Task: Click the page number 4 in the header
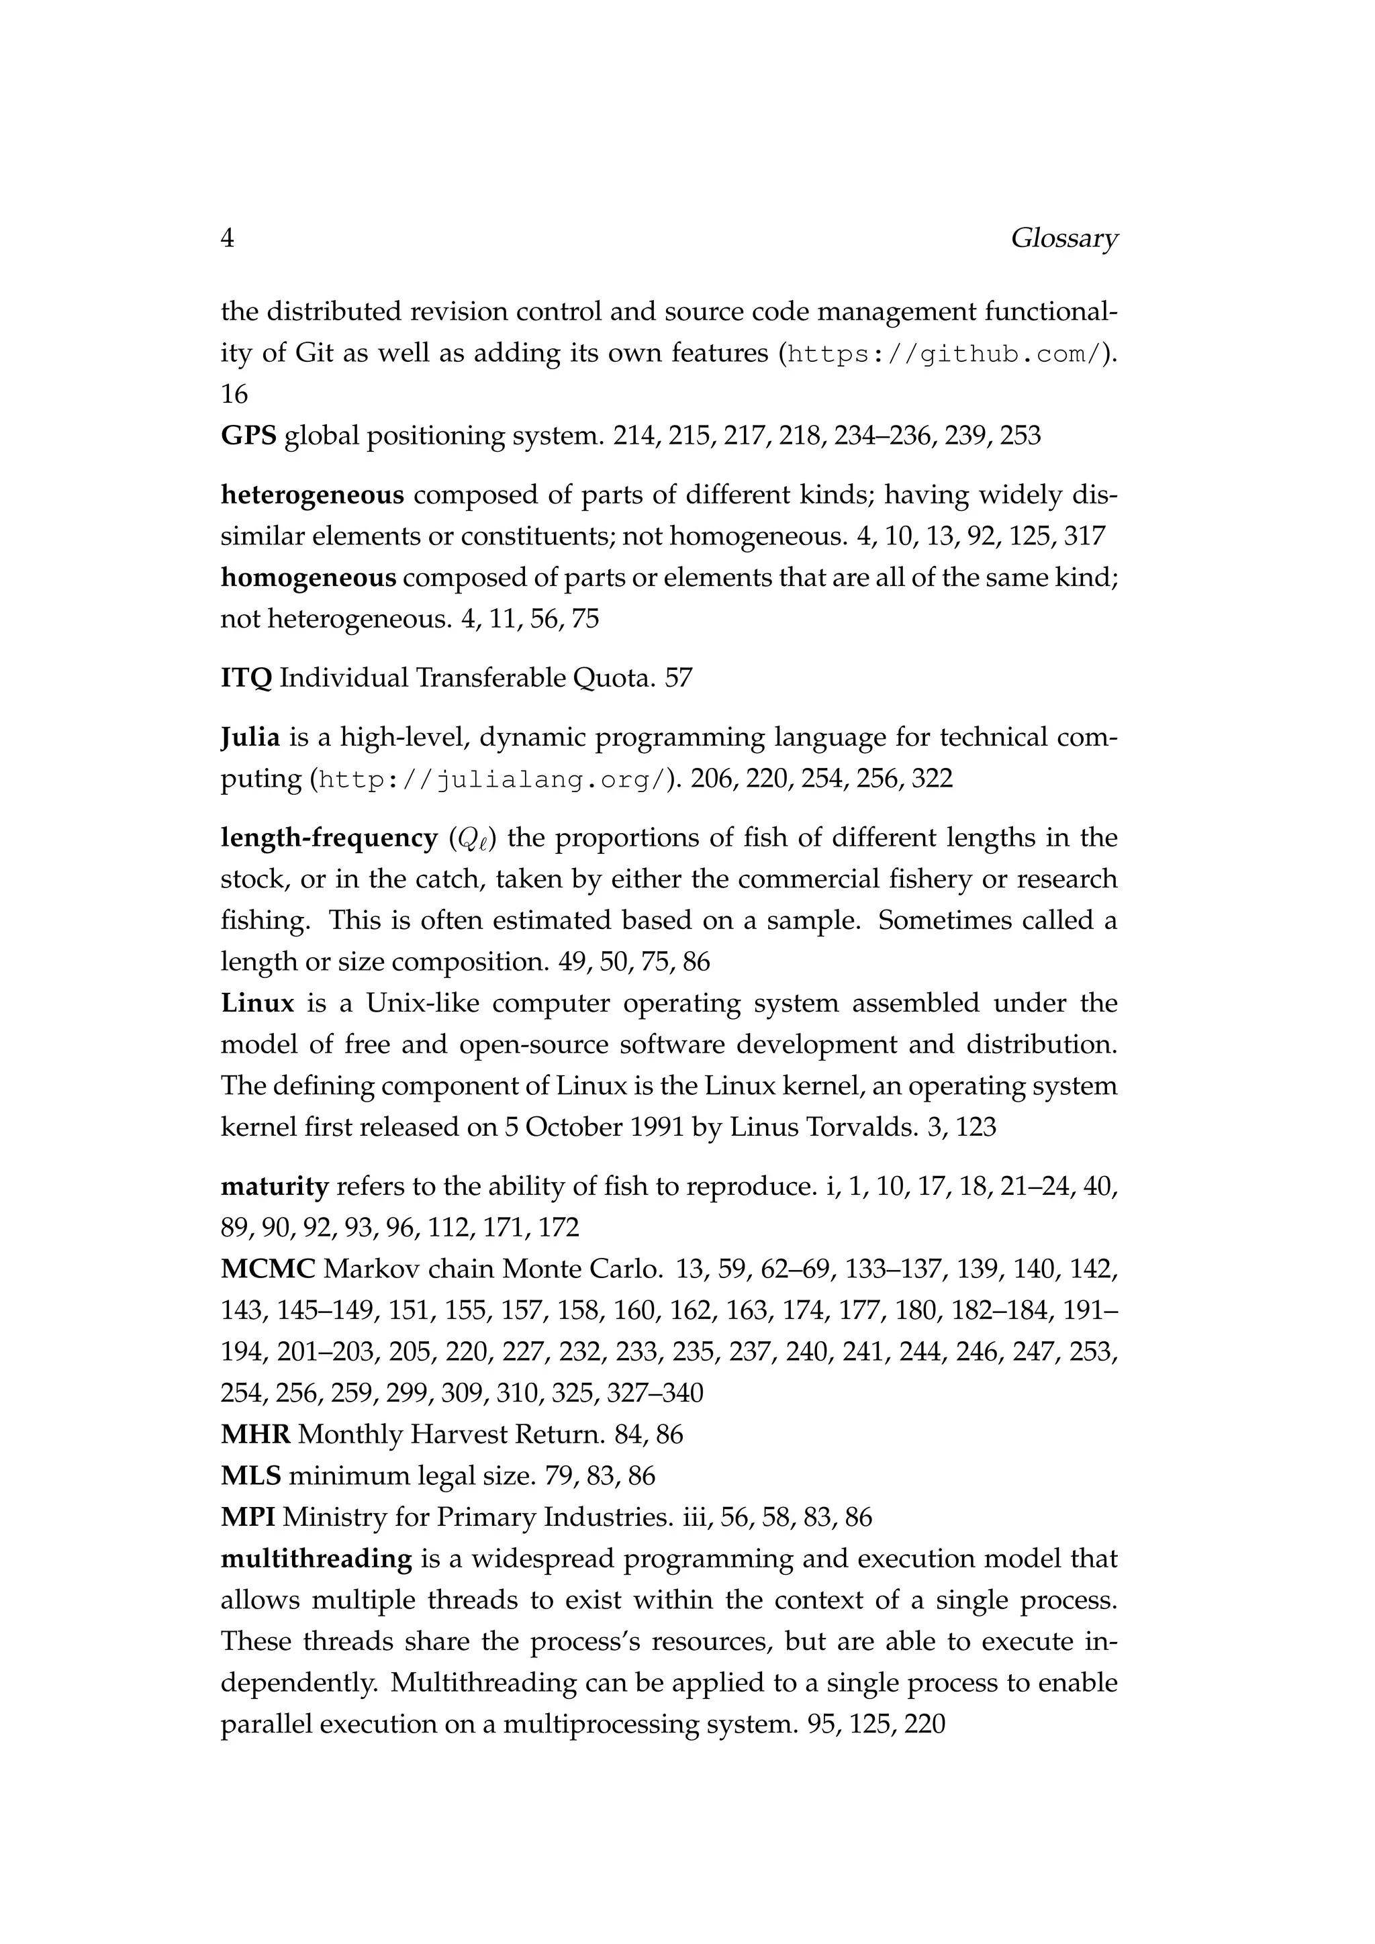(x=227, y=239)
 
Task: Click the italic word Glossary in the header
(x=1063, y=240)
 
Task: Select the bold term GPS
(x=248, y=436)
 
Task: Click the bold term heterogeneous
(x=312, y=495)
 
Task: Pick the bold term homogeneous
(x=308, y=578)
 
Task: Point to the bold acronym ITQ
(x=246, y=678)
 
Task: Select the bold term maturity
(x=275, y=1187)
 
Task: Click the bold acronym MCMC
(x=268, y=1270)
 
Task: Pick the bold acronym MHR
(x=256, y=1435)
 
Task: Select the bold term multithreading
(x=316, y=1559)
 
